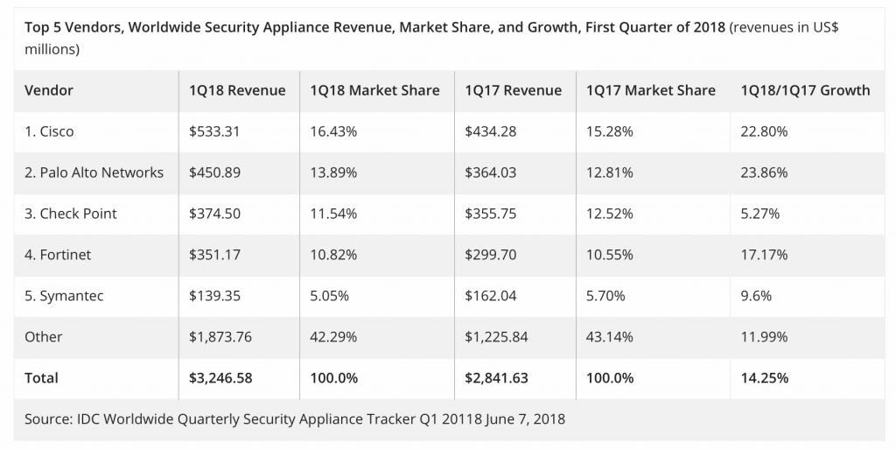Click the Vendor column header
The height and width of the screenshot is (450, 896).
49,90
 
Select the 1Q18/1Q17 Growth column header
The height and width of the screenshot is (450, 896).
805,90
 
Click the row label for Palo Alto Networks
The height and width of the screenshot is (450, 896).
94,172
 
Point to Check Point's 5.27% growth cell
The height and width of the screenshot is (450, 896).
759,214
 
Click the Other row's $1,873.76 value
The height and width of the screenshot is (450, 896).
220,337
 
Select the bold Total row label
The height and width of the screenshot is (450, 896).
42,378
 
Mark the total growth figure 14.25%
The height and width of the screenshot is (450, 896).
764,378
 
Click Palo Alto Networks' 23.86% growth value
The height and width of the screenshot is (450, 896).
764,172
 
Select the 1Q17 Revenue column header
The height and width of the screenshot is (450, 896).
513,90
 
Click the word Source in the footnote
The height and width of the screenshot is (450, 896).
47,418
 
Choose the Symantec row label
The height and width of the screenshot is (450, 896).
65,296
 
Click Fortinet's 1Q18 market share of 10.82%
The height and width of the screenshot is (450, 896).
333,255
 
